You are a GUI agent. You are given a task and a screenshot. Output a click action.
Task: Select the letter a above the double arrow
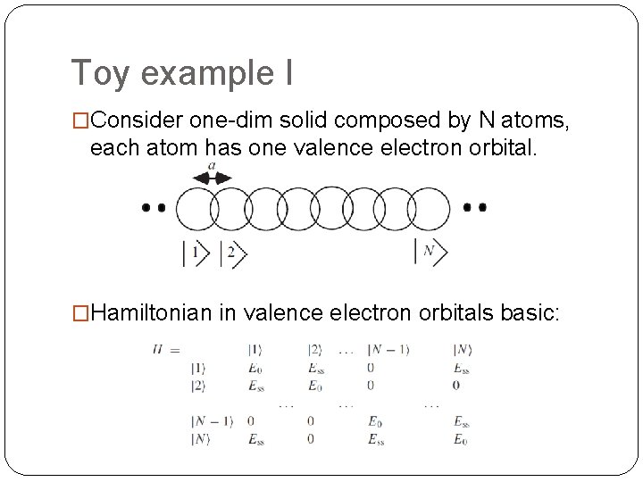pos(211,165)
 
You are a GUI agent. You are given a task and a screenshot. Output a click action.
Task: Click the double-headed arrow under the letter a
pos(212,178)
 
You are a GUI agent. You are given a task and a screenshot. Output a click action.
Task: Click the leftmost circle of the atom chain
pos(196,209)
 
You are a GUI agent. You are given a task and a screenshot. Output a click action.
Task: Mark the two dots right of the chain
pos(475,208)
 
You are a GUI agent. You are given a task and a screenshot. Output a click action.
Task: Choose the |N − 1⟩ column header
pos(388,349)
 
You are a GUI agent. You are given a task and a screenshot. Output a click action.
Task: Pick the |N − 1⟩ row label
pos(210,421)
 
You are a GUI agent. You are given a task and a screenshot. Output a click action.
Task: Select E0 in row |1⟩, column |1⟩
pos(255,367)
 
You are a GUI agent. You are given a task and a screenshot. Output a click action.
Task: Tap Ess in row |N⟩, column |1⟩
pos(256,438)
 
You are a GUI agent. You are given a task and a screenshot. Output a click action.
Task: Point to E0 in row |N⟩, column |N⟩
pos(460,438)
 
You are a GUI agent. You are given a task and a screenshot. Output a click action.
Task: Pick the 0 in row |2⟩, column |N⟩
pos(456,385)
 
